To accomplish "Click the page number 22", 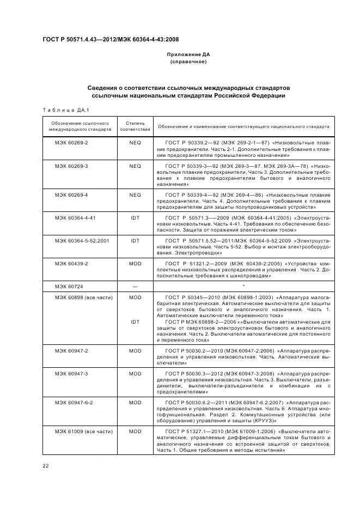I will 46,464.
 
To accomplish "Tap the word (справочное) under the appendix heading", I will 188,62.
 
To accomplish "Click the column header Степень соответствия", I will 135,126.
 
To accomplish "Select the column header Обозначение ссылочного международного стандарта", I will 80,126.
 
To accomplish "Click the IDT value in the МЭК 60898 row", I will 135,321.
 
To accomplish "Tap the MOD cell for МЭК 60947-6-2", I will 135,402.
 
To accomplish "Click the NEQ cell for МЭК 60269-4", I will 135,195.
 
